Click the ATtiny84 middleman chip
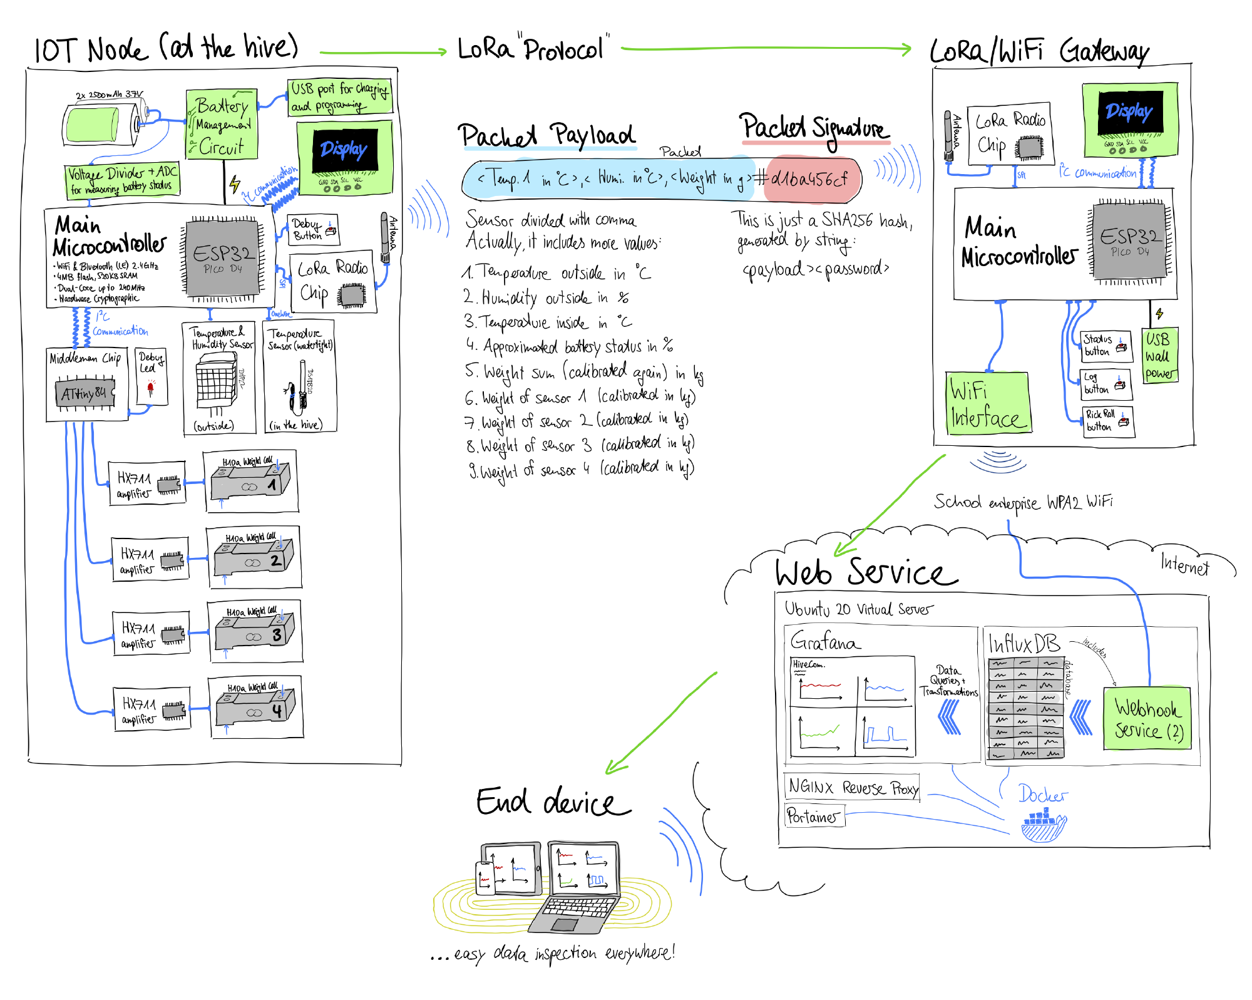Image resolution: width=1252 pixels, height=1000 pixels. point(85,394)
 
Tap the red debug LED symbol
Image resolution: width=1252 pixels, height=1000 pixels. point(150,388)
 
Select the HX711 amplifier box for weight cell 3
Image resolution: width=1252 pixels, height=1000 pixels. point(151,634)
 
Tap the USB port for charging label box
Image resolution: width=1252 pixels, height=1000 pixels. point(340,97)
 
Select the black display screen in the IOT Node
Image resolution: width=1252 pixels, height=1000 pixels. point(345,150)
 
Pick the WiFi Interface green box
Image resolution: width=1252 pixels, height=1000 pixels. point(987,403)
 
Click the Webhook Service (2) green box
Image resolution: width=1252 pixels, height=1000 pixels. point(1147,719)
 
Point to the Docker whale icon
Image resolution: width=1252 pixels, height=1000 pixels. point(1043,825)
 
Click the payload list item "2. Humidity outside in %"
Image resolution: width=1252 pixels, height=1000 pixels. point(545,297)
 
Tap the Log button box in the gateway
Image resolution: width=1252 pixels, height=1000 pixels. point(1106,383)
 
